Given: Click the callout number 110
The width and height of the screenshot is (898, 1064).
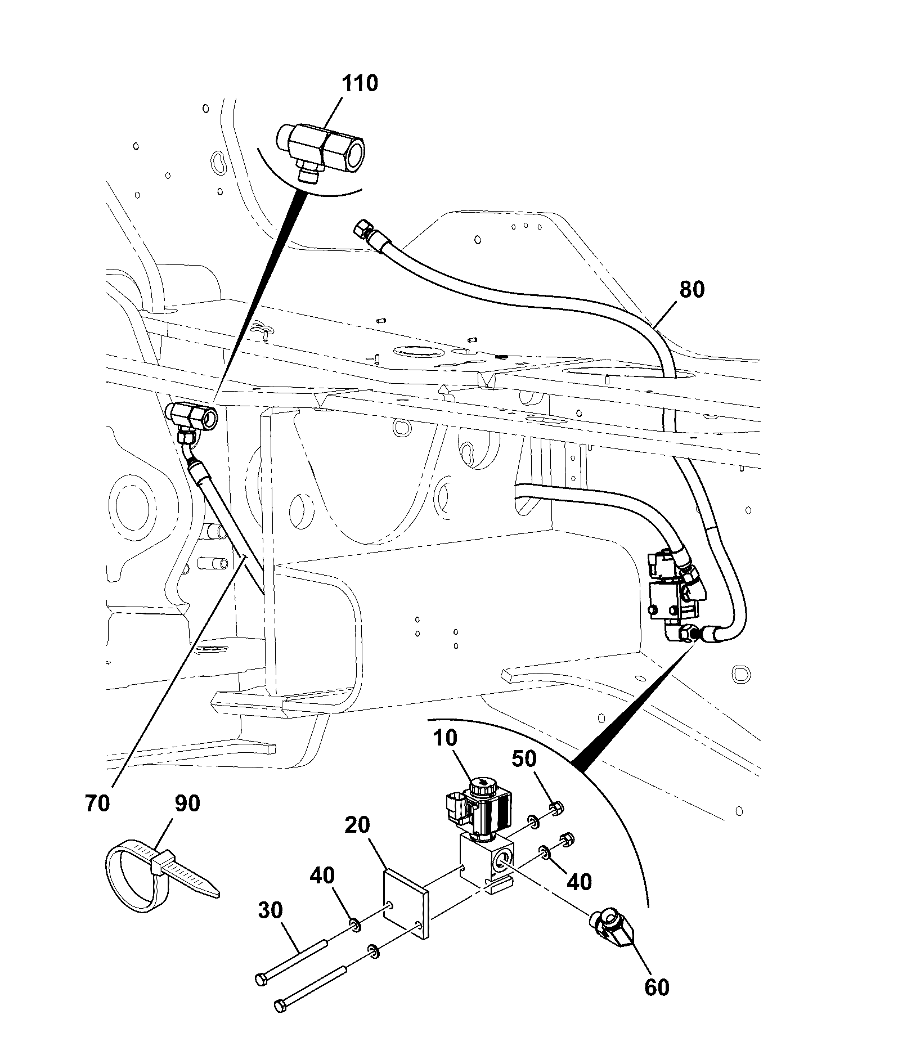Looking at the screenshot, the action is [360, 83].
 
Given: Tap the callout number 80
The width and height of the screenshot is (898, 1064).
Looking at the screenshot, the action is [692, 290].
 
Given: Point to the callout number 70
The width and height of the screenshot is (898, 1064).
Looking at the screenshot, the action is [97, 803].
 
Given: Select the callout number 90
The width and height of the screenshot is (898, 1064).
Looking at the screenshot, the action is [187, 803].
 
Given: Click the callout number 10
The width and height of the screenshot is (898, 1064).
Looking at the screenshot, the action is [445, 738].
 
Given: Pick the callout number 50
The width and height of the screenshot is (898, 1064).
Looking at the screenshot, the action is [524, 758].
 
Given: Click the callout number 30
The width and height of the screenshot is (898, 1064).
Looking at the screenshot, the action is [270, 910].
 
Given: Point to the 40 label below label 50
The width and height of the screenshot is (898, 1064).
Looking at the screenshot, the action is [580, 882].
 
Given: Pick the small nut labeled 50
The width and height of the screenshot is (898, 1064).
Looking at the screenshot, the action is [554, 809].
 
